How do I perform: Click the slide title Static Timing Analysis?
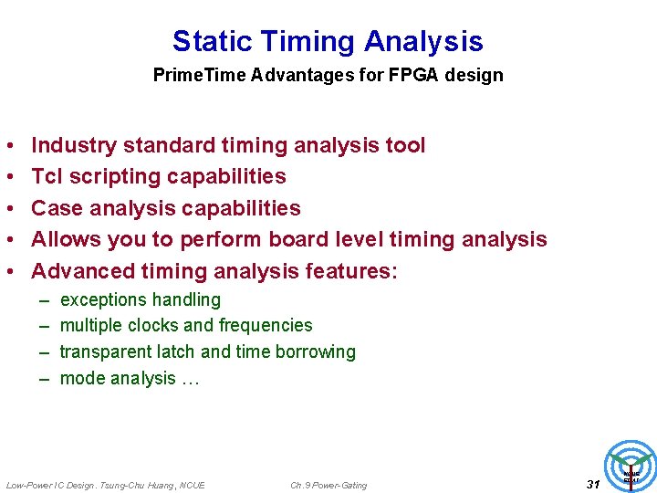328,41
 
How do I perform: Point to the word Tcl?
47,176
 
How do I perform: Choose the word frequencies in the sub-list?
266,325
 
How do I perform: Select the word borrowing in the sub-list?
317,351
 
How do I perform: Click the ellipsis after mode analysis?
189,378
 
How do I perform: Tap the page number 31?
593,484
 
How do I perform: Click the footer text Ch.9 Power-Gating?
328,485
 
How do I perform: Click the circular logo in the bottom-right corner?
631,467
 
